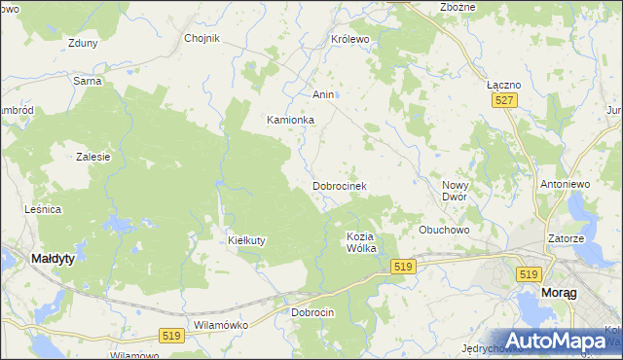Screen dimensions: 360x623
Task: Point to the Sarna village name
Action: [x=88, y=81]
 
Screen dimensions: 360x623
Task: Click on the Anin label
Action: [x=323, y=94]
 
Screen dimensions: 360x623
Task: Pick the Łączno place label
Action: [x=503, y=85]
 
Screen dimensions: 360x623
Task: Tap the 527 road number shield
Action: [x=503, y=101]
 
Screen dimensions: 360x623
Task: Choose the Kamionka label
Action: [x=291, y=120]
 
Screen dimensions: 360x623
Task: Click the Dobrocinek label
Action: [x=339, y=185]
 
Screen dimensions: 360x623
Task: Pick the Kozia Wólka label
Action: [x=361, y=242]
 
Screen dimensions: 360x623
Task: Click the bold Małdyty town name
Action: [x=54, y=259]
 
